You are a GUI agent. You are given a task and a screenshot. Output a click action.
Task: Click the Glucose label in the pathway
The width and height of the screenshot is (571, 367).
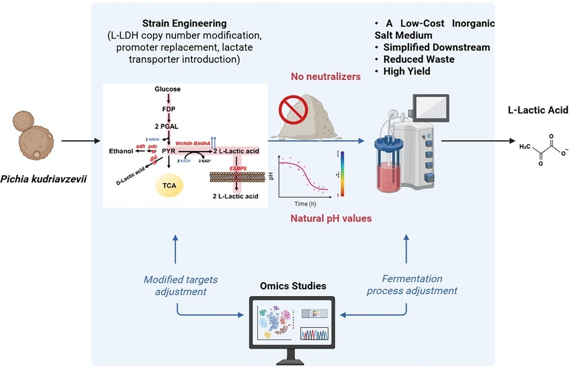coord(167,89)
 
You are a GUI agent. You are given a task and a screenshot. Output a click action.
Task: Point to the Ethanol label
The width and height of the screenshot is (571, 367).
coord(121,151)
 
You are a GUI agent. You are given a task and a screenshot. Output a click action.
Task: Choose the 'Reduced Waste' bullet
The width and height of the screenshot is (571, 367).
coord(412,59)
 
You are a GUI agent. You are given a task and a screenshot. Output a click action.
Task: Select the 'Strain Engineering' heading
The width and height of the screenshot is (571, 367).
coord(184,23)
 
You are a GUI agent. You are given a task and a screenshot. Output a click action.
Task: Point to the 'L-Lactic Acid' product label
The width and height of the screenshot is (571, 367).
coord(545,109)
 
